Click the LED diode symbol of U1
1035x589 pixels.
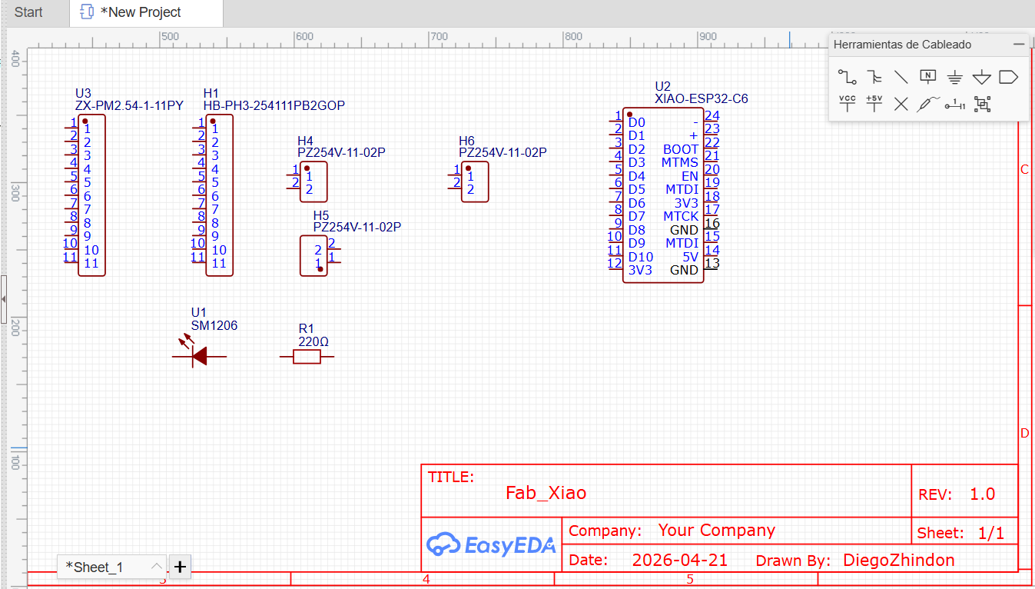[x=199, y=356]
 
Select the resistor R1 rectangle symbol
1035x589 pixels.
[x=307, y=356]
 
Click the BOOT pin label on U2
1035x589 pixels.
[x=681, y=149]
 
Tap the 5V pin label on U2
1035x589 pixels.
[x=690, y=257]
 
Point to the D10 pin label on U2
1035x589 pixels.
[x=640, y=257]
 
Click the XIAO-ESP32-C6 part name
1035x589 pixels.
[x=701, y=98]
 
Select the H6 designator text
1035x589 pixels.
[x=466, y=141]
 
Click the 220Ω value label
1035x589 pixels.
[x=313, y=341]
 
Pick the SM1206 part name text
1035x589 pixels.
[x=214, y=325]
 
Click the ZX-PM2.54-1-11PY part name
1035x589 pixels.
[x=129, y=105]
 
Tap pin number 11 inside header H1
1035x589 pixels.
[x=219, y=263]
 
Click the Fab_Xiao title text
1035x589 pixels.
[x=546, y=493]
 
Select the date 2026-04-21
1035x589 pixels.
[x=679, y=560]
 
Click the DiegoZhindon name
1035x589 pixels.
[x=898, y=560]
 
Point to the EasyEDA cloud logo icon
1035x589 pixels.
[x=443, y=544]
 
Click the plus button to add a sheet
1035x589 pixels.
[x=180, y=567]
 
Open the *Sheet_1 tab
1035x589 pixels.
[x=95, y=567]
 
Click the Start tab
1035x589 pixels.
[x=28, y=12]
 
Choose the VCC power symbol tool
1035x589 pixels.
[x=847, y=103]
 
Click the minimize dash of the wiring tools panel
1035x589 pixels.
[x=1019, y=45]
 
